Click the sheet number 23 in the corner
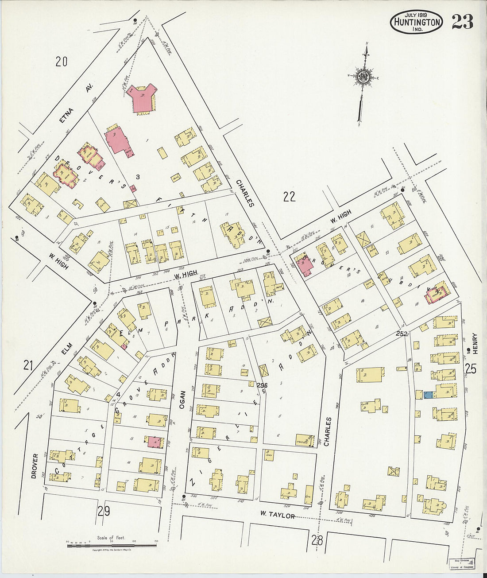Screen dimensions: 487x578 coord(462,21)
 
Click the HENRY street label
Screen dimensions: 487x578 coord(474,343)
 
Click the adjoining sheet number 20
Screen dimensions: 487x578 coord(61,61)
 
